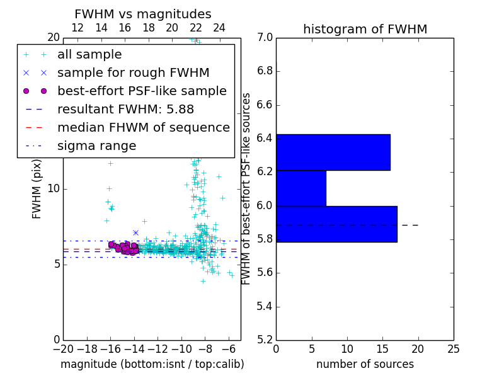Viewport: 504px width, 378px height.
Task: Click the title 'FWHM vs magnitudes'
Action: [x=142, y=14]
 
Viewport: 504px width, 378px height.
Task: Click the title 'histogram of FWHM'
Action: [x=365, y=29]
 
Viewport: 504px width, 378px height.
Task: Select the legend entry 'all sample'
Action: [x=89, y=55]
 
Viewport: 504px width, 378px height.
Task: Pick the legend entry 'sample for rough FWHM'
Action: [x=133, y=72]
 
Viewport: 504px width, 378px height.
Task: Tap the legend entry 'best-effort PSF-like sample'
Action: [x=142, y=91]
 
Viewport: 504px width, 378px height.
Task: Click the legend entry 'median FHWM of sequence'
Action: [x=143, y=127]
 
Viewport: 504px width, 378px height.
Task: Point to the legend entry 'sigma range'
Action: [x=96, y=146]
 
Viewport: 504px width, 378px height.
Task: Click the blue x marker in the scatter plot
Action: [x=135, y=232]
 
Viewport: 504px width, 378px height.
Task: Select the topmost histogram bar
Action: [x=333, y=152]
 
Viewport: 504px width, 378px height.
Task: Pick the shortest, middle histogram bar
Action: [x=301, y=188]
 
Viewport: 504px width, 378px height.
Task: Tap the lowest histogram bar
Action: [x=336, y=224]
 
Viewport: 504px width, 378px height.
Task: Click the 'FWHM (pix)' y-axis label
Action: [x=37, y=188]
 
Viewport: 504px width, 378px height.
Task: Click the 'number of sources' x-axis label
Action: [x=365, y=364]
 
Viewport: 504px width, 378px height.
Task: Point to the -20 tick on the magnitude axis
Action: [x=63, y=348]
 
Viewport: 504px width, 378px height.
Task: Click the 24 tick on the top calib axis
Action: [x=219, y=28]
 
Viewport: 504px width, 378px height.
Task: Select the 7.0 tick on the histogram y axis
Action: [x=265, y=38]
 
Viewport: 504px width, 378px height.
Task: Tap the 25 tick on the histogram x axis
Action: [x=453, y=348]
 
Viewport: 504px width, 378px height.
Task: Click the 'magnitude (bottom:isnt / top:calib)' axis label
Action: [x=152, y=364]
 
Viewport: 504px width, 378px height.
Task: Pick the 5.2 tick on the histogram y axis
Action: [x=265, y=340]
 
